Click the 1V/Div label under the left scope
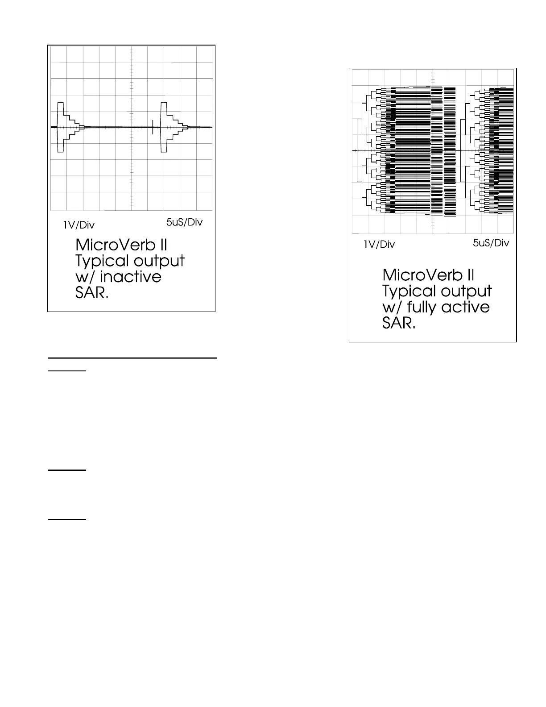79,225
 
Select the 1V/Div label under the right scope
379,245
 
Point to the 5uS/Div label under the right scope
491,243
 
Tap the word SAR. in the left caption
92,293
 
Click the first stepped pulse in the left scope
67,127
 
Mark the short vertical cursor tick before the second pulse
153,127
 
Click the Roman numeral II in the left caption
162,245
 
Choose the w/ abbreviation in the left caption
86,277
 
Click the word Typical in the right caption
408,291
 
